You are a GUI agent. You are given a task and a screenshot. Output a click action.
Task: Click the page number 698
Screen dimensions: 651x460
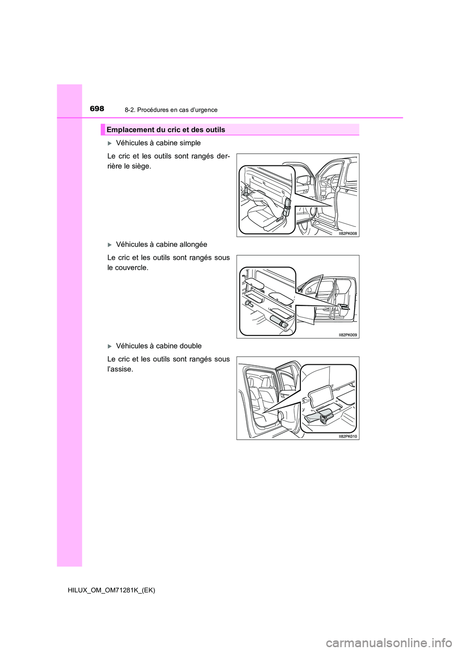pyautogui.click(x=97, y=109)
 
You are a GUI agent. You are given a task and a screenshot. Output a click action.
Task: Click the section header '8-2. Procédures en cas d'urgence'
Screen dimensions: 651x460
pyautogui.click(x=171, y=110)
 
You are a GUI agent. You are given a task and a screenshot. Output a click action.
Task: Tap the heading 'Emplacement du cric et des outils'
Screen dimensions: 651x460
pyautogui.click(x=166, y=129)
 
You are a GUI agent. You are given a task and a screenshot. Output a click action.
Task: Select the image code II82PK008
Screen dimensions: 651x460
pyautogui.click(x=348, y=233)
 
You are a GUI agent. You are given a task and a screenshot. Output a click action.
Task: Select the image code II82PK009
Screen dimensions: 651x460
pyautogui.click(x=348, y=335)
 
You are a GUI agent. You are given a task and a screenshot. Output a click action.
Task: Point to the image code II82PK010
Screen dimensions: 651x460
pyautogui.click(x=348, y=437)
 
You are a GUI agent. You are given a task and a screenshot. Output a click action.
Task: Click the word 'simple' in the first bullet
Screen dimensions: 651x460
pyautogui.click(x=189, y=143)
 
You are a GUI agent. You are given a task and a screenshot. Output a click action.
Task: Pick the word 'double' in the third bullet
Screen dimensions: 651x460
pyautogui.click(x=190, y=346)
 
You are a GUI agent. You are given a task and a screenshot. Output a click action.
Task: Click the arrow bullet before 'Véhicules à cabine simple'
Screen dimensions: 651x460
pyautogui.click(x=110, y=143)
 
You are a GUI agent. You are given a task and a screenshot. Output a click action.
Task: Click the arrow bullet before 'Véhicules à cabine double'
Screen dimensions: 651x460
pyautogui.click(x=110, y=346)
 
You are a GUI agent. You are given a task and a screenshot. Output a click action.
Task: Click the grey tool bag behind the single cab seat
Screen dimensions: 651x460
pyautogui.click(x=287, y=205)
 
